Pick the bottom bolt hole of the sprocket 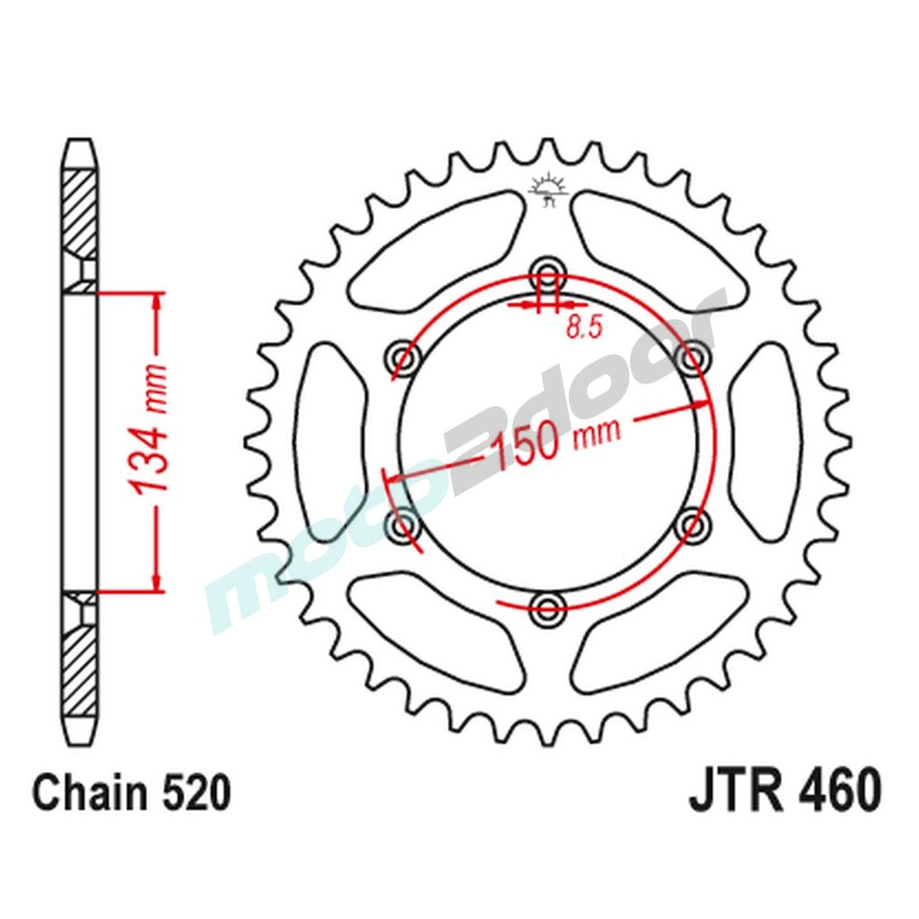549,606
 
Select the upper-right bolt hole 694,355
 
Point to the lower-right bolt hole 694,525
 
